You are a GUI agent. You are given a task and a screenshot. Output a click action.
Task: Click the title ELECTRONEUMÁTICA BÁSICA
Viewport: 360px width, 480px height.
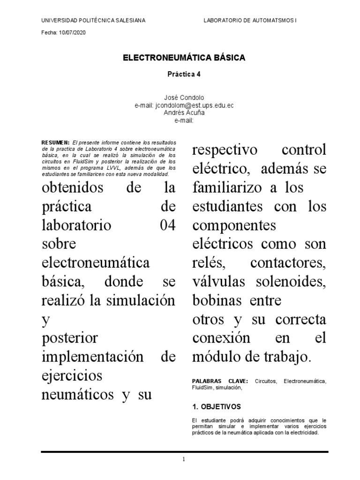click(x=184, y=58)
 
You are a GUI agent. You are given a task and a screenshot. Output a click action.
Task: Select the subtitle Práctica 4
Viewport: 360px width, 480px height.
click(x=184, y=74)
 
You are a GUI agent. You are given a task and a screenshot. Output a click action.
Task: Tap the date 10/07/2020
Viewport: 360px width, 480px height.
click(x=72, y=33)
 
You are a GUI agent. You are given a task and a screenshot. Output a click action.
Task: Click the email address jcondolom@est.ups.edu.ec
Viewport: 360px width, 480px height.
click(x=194, y=106)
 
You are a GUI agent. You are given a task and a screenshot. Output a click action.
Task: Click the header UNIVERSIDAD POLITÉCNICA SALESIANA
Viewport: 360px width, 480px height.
click(x=93, y=21)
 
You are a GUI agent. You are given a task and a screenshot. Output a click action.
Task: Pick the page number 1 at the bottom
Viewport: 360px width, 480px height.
click(x=184, y=459)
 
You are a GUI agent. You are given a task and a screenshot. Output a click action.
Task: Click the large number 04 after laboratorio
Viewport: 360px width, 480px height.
click(x=167, y=225)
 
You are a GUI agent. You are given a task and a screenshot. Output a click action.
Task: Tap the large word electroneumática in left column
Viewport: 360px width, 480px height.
click(x=96, y=262)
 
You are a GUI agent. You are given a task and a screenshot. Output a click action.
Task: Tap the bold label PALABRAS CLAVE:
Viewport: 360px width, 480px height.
click(x=220, y=382)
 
